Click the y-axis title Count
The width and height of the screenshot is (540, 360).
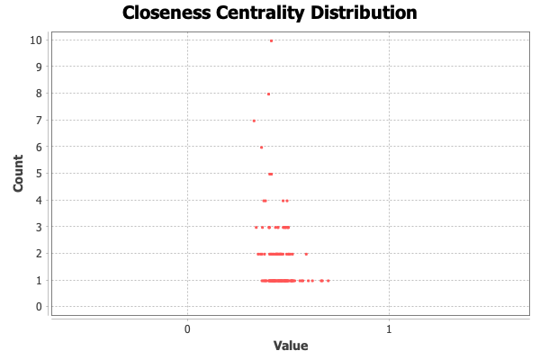(18, 174)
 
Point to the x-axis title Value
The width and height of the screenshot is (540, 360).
(291, 345)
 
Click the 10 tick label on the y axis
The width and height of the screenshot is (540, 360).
(35, 40)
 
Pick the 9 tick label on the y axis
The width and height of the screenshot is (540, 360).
(38, 67)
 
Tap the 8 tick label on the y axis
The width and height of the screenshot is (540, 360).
(38, 94)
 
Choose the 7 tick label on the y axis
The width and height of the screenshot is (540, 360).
(38, 121)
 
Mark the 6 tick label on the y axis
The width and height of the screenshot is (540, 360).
(38, 147)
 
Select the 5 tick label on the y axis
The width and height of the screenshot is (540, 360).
(38, 174)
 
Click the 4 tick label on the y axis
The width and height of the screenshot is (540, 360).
(38, 200)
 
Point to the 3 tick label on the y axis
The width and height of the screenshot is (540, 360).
(38, 227)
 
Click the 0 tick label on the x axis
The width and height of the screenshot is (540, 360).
(187, 329)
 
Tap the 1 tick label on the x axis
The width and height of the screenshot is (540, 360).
(389, 329)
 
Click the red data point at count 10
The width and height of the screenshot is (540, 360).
(271, 40)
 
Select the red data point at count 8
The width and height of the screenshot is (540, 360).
(268, 94)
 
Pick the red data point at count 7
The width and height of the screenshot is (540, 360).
(254, 121)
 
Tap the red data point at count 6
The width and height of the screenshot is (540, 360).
(261, 147)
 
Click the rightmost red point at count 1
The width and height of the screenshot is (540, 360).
(328, 281)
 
